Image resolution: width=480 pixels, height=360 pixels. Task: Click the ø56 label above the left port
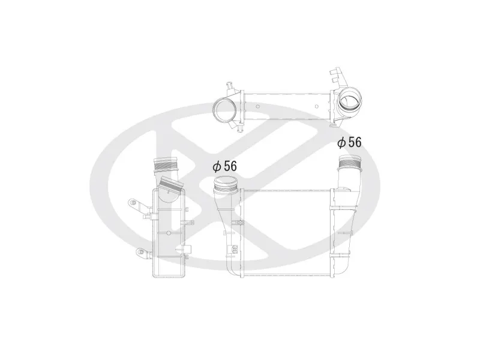click(224, 166)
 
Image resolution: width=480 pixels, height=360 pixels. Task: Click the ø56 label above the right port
click(349, 142)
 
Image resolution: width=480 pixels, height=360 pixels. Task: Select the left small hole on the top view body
click(258, 107)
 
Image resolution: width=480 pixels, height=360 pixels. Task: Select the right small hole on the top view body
click(317, 107)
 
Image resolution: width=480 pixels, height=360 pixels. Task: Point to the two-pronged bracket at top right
click(337, 77)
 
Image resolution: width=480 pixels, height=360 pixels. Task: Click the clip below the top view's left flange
click(239, 127)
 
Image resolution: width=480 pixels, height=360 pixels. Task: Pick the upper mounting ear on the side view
click(136, 205)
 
